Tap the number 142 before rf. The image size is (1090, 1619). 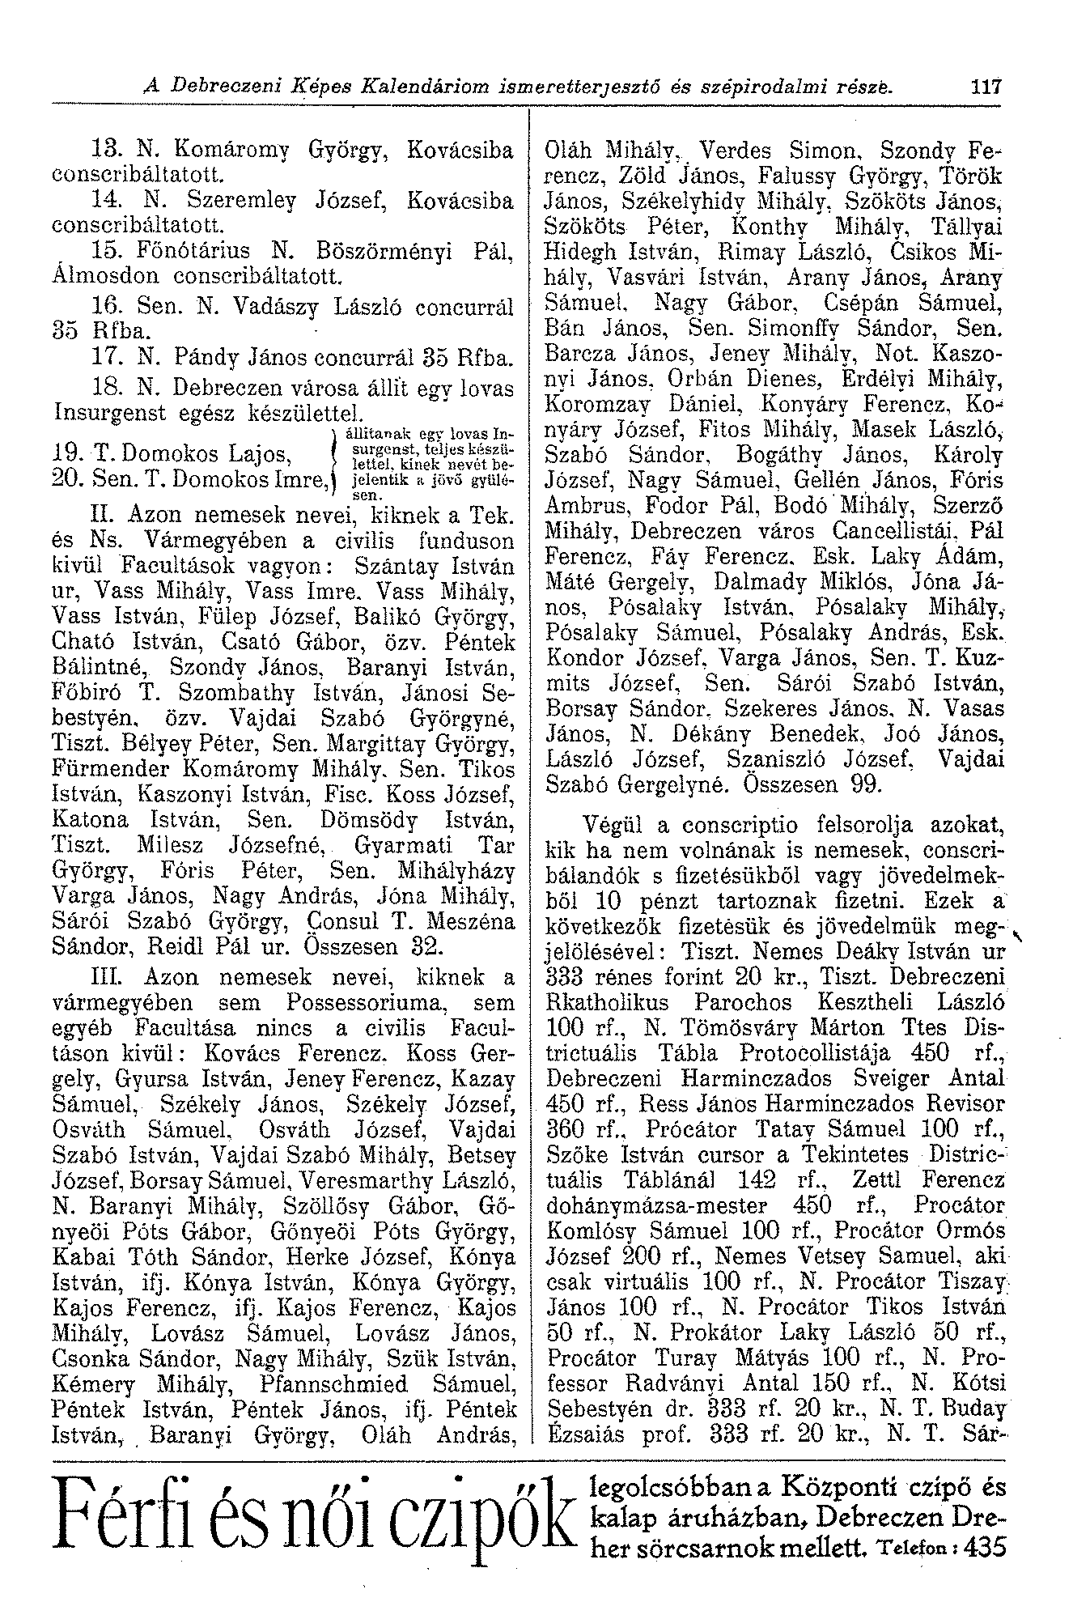click(762, 1178)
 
